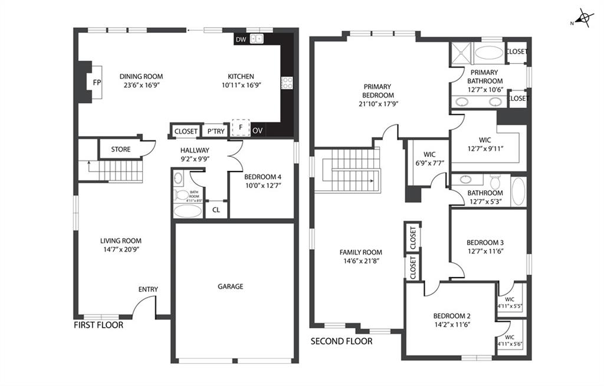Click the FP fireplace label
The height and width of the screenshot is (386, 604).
[x=97, y=83]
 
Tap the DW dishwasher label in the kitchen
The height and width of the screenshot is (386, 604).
[x=241, y=39]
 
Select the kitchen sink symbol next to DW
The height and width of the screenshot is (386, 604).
[x=256, y=38]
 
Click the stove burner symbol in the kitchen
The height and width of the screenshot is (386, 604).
[x=287, y=83]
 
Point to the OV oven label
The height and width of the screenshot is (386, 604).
[x=258, y=131]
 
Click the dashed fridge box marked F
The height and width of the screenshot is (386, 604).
[x=241, y=127]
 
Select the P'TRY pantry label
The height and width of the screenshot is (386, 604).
[x=216, y=131]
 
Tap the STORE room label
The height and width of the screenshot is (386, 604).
[x=121, y=149]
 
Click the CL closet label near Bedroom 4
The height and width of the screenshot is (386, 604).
[x=216, y=210]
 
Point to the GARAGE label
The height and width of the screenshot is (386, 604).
[x=231, y=286]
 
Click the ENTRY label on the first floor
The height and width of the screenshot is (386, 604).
[x=148, y=289]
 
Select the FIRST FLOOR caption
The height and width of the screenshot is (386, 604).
[x=99, y=325]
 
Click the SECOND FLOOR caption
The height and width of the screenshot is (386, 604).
[x=342, y=341]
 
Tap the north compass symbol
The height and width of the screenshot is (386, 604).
[x=584, y=18]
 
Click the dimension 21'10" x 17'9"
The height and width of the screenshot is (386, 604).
[x=378, y=104]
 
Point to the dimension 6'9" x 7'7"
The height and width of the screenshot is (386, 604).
[x=429, y=163]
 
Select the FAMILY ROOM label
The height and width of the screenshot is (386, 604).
[x=361, y=252]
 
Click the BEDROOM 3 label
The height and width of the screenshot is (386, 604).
[x=485, y=243]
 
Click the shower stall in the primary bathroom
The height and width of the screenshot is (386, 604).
[x=461, y=52]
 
